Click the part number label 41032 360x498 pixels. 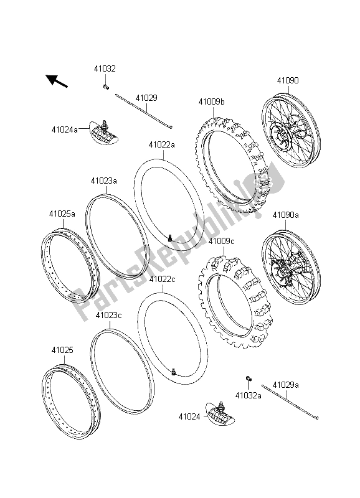click(x=105, y=70)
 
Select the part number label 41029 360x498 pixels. click(x=147, y=98)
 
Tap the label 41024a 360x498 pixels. click(x=65, y=129)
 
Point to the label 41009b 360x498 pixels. click(x=212, y=101)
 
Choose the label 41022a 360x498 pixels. click(x=161, y=145)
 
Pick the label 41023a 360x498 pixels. click(x=103, y=181)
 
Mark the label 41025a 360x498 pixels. click(x=62, y=214)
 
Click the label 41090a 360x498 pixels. click(x=286, y=215)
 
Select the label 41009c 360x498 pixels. click(x=221, y=240)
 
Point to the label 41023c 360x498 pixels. click(x=108, y=315)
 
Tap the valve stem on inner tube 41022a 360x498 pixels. click(x=170, y=237)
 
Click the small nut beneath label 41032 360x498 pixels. click(x=107, y=87)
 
